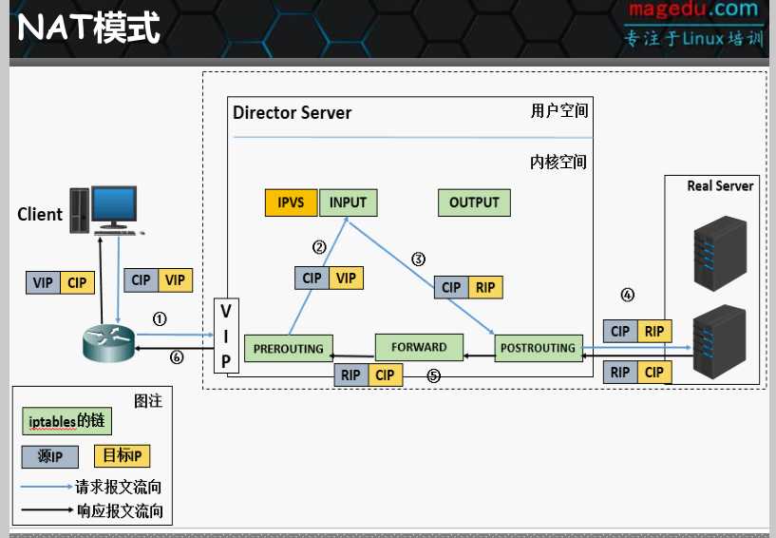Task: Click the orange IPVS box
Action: click(x=291, y=202)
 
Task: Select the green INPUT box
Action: click(x=348, y=202)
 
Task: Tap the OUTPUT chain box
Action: click(x=474, y=202)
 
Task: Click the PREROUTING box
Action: click(x=289, y=349)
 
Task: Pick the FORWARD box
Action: click(x=419, y=347)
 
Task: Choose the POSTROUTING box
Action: click(x=538, y=348)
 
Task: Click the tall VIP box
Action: click(x=226, y=336)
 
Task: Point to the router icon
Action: click(x=108, y=341)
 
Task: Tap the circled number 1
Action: click(x=160, y=319)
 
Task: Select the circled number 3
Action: click(x=418, y=259)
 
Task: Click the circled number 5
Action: click(x=434, y=375)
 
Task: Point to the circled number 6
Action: click(x=176, y=357)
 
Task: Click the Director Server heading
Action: click(x=293, y=113)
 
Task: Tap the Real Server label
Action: click(x=720, y=186)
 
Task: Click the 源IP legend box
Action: click(x=50, y=457)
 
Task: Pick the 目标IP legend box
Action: click(x=123, y=456)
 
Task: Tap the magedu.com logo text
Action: click(x=693, y=10)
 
